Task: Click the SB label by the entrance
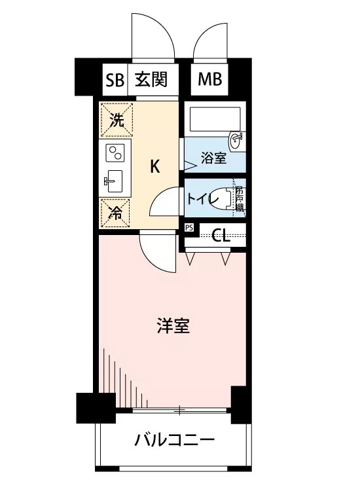[x=115, y=80]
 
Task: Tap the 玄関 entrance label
[x=151, y=79]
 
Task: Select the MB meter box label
[x=209, y=79]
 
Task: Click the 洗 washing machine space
[x=117, y=120]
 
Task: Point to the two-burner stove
[x=115, y=153]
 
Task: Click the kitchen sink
[x=115, y=181]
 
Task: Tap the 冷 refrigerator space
[x=115, y=213]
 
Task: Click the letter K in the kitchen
[x=155, y=166]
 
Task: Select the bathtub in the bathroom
[x=215, y=119]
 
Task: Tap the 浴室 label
[x=213, y=158]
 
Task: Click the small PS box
[x=189, y=228]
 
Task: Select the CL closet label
[x=221, y=236]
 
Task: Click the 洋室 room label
[x=173, y=325]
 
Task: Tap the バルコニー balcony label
[x=175, y=440]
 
